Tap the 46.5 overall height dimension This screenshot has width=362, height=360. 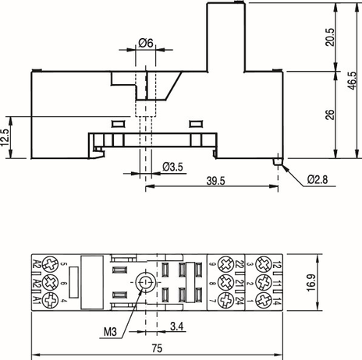[352, 81]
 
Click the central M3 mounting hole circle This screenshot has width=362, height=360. [145, 283]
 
